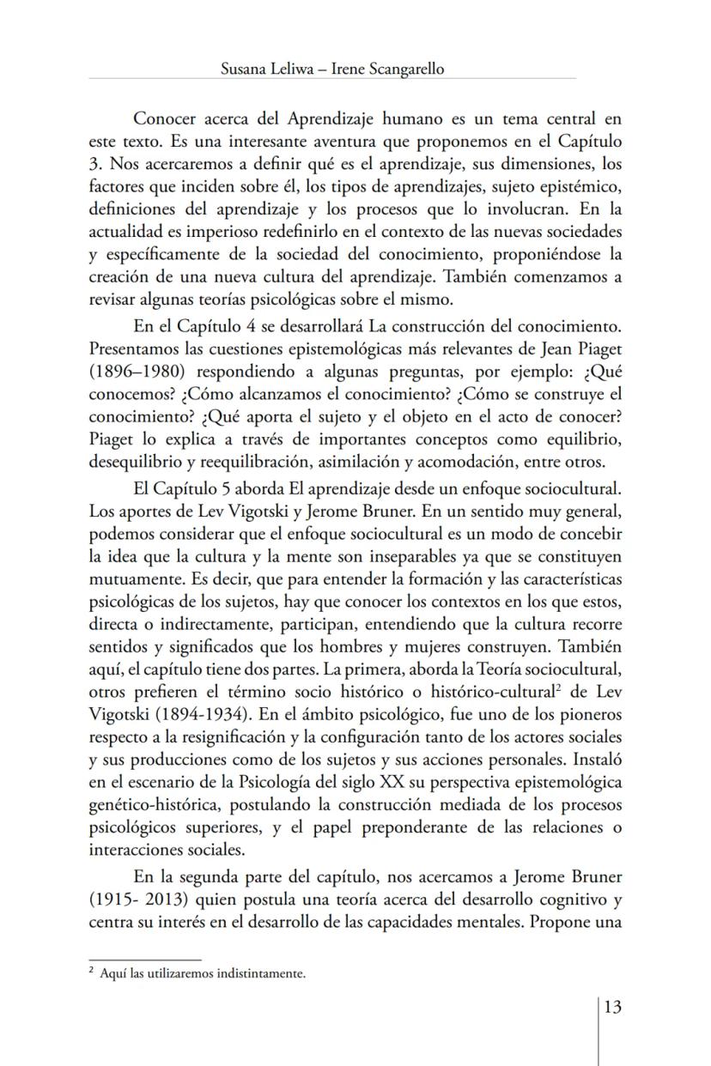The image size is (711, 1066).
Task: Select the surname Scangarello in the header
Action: (403, 70)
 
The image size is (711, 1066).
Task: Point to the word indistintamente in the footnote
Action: (263, 973)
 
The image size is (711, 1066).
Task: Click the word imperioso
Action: (204, 233)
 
